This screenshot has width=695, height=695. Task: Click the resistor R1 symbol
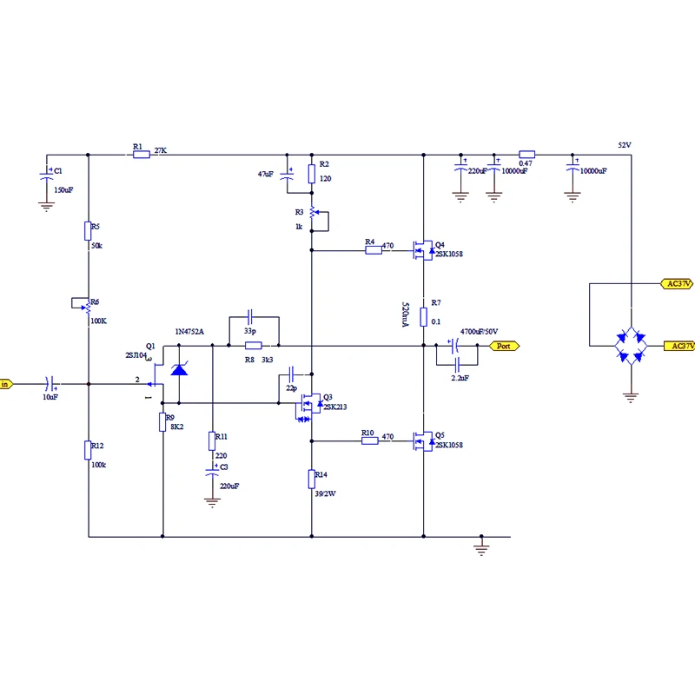142,155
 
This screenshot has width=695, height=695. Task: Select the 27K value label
161,150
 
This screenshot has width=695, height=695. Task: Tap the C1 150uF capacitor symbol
47,174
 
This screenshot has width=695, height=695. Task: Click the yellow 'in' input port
6,384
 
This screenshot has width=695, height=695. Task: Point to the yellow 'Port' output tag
504,346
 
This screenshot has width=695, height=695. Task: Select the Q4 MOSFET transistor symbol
423,250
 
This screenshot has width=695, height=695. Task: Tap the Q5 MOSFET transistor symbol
423,441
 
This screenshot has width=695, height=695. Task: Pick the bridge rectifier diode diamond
631,346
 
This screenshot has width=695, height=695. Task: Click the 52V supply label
625,145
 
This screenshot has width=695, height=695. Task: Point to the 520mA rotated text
405,314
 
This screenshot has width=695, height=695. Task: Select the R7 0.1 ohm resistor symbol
423,317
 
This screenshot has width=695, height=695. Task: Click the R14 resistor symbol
312,480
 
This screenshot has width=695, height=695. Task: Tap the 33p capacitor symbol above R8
249,317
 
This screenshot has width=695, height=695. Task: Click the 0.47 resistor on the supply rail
526,155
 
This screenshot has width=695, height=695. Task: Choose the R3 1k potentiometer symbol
312,212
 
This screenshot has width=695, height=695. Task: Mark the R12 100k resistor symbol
88,450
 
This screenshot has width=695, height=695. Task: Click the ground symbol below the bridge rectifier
631,397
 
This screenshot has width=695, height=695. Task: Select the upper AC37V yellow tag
677,284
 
